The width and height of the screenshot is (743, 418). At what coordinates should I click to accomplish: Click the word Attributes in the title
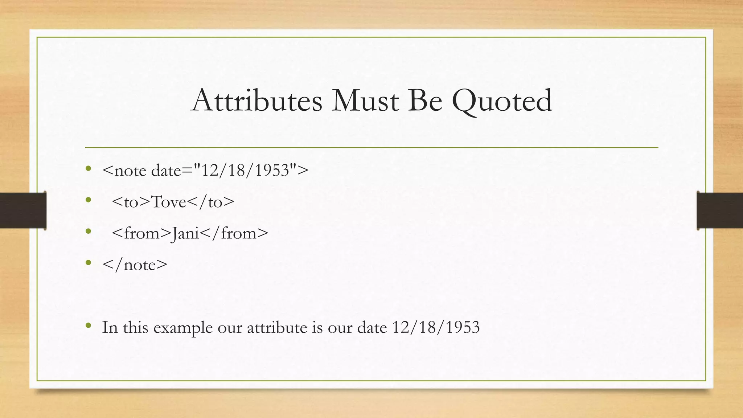256,101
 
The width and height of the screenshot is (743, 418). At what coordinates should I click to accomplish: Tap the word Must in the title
365,101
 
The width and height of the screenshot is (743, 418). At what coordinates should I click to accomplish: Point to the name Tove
168,202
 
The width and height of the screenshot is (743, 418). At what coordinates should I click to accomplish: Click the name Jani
185,234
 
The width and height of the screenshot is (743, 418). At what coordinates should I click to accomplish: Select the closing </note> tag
135,265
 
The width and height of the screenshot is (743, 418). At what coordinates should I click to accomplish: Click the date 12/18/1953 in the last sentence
436,327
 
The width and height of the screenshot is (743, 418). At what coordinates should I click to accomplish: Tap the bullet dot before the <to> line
88,200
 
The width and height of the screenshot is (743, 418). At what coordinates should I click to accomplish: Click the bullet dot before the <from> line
88,231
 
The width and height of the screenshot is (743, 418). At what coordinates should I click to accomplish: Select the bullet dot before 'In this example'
88,325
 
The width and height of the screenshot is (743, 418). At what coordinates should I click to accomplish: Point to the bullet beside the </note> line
88,262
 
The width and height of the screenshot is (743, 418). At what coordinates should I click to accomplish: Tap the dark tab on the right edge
720,210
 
